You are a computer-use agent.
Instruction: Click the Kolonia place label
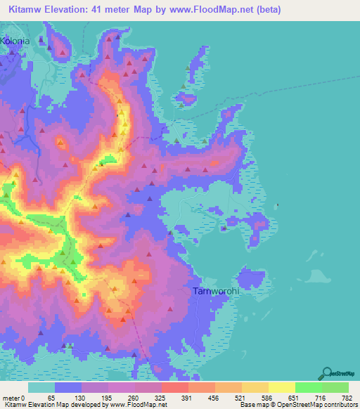click(x=16, y=41)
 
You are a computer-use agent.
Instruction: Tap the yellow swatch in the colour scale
click(x=282, y=388)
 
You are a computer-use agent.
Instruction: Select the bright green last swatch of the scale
click(x=335, y=388)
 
